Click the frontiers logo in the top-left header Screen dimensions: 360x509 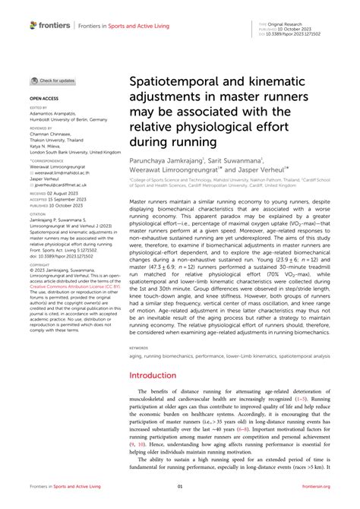coord(44,25)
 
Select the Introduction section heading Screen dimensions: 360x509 coord(153,375)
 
